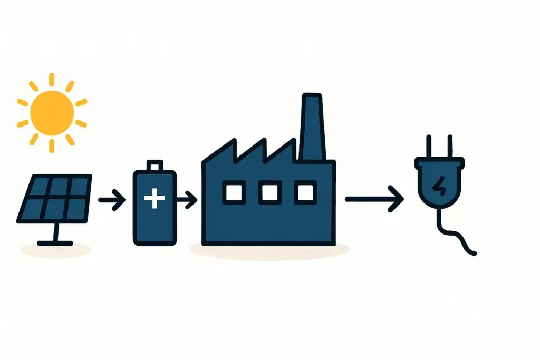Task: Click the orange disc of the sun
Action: click(x=52, y=112)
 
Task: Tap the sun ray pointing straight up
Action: click(x=52, y=79)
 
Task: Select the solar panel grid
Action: click(x=54, y=198)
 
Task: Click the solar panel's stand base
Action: click(x=55, y=242)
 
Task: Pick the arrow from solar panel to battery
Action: click(x=111, y=200)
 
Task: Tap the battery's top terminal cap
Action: click(x=155, y=166)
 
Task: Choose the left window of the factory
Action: click(x=233, y=193)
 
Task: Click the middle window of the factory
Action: click(x=269, y=193)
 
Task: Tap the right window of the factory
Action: click(x=305, y=193)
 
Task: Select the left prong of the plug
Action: click(x=429, y=146)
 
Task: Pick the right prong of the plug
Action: click(x=449, y=146)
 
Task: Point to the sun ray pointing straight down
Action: click(x=52, y=145)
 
